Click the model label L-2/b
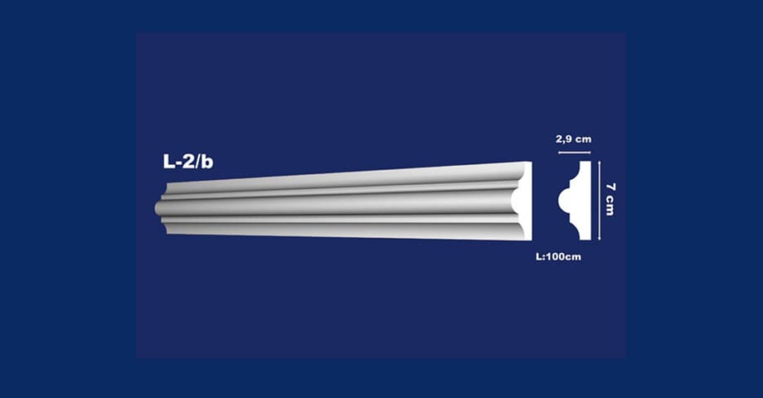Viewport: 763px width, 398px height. tap(187, 162)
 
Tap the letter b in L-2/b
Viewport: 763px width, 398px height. tap(207, 162)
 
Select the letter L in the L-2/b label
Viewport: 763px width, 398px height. tap(168, 162)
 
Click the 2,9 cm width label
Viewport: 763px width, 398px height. tap(574, 139)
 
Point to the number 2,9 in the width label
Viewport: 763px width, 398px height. tap(563, 139)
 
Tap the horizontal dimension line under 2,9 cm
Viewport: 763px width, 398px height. tap(574, 153)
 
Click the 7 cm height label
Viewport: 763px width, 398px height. tap(610, 200)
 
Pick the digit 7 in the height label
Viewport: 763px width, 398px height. tap(610, 187)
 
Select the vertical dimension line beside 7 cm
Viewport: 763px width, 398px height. tap(600, 201)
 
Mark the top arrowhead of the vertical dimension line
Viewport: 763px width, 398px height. tap(600, 163)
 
